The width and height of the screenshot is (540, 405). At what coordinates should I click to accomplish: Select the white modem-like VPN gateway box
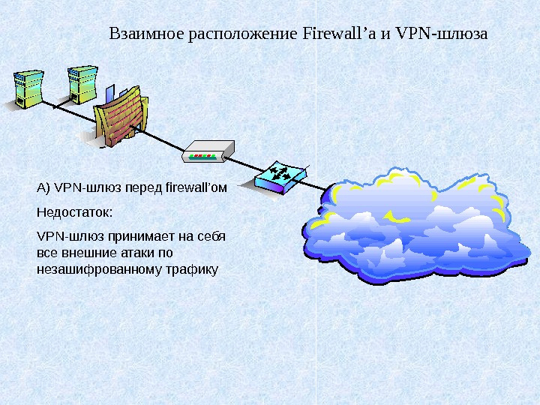click(208, 151)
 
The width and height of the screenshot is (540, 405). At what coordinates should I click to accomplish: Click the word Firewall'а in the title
click(337, 34)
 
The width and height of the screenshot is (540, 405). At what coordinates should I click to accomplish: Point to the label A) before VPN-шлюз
click(43, 187)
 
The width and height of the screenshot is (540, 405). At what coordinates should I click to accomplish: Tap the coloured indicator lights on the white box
click(202, 157)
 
